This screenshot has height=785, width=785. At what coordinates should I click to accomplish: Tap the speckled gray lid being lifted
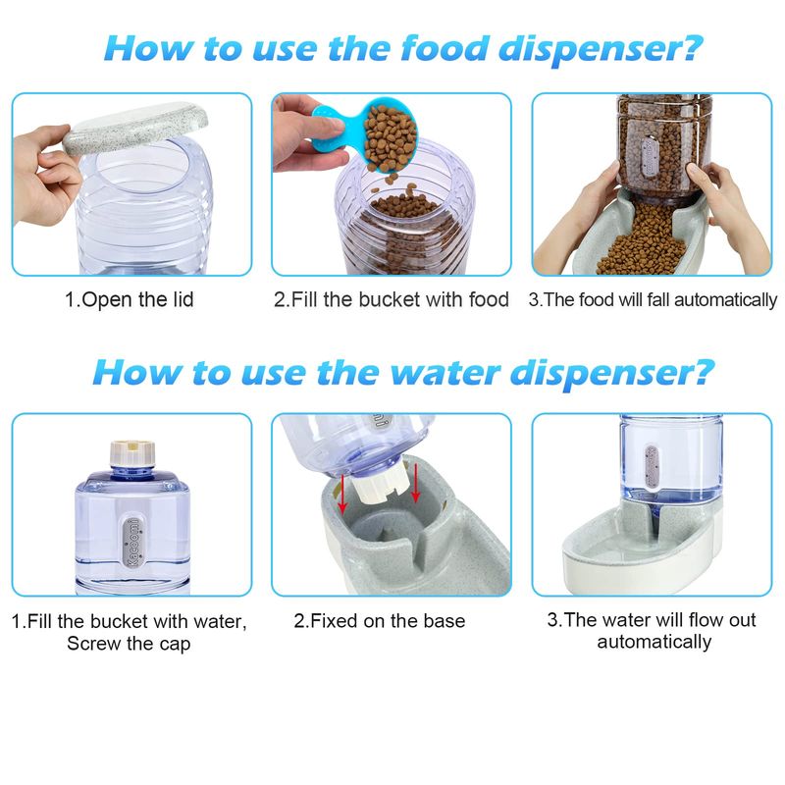(135, 129)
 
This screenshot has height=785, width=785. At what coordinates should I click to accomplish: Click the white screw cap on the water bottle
(132, 452)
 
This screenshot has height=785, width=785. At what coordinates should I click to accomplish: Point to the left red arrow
(342, 494)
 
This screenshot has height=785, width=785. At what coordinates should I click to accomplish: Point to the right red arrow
(415, 483)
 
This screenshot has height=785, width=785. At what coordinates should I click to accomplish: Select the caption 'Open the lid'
(130, 299)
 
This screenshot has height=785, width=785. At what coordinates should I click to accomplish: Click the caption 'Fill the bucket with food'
(391, 299)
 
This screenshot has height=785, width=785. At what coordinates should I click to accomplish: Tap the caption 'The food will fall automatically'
(653, 299)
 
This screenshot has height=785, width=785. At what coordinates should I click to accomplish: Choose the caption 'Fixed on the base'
(380, 621)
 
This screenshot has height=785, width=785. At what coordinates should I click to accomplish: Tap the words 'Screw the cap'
(129, 644)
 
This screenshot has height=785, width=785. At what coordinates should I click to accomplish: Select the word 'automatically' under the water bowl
(654, 642)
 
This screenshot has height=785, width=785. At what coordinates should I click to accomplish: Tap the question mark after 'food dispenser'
(692, 48)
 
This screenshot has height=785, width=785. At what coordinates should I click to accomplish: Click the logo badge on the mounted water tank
(652, 466)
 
